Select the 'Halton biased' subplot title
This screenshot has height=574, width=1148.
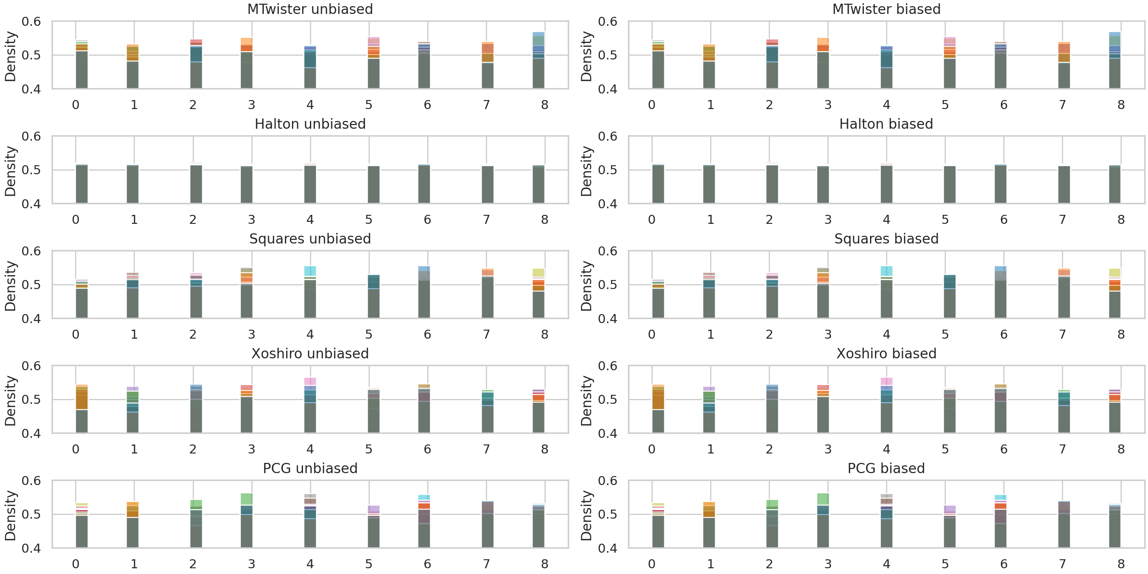886,124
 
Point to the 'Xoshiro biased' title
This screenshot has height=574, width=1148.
886,353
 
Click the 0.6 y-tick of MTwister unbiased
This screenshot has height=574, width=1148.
31,22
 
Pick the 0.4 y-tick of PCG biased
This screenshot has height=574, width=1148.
608,548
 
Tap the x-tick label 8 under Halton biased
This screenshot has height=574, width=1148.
1121,220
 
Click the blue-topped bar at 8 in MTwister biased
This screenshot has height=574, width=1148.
1114,60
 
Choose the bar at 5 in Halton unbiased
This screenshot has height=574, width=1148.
374,184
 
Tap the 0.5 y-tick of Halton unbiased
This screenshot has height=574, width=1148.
31,170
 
